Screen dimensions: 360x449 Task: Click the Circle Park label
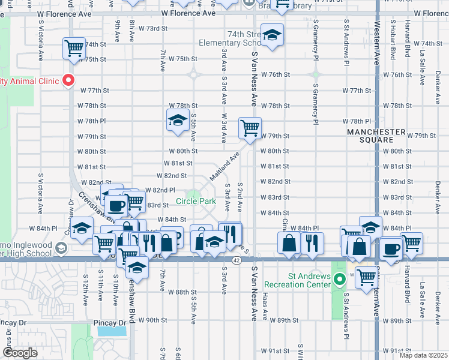(196, 202)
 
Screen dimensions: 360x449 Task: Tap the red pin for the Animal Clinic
(68, 80)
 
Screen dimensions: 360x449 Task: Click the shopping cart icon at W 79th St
(249, 127)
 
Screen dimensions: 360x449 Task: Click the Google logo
(20, 353)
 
